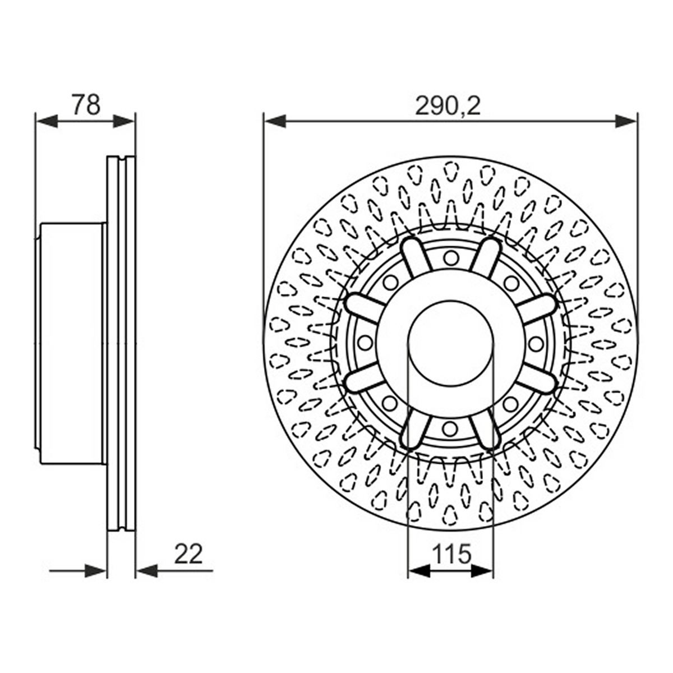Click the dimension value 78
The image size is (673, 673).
click(x=86, y=104)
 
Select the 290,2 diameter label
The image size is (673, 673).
click(x=448, y=106)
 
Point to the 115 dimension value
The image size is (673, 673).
click(x=451, y=554)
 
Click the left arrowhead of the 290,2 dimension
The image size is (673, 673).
click(x=275, y=121)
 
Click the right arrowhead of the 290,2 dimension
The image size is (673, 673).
click(x=626, y=121)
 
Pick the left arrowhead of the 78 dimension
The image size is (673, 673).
click(x=47, y=121)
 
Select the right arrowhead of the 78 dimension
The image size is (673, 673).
click(x=124, y=121)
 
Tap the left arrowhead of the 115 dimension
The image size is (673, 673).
click(x=419, y=571)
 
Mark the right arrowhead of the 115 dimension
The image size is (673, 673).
click(x=482, y=571)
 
